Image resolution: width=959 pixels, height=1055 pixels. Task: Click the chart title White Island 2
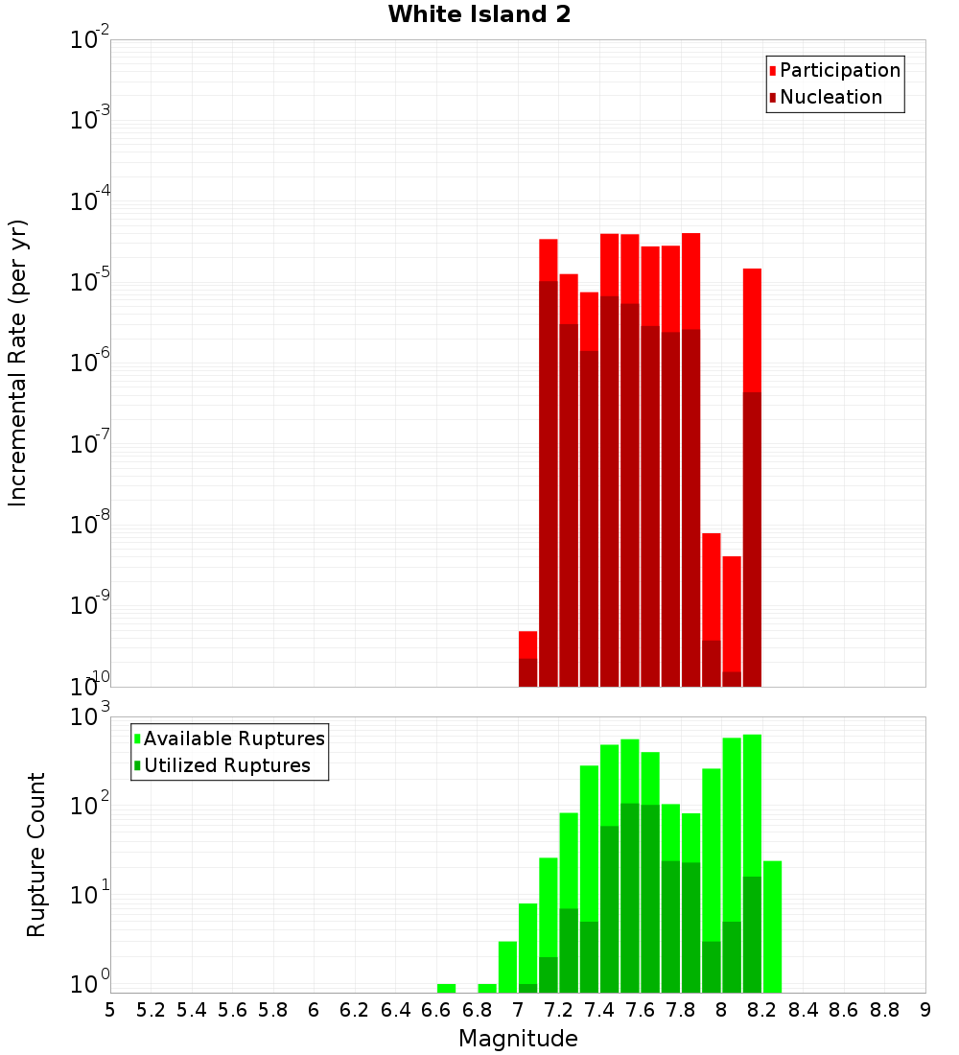(x=479, y=15)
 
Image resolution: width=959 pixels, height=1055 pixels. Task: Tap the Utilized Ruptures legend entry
(x=226, y=766)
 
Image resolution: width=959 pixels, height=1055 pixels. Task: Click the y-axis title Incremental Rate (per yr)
(x=17, y=363)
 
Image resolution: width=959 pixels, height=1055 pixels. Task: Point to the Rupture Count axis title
(x=36, y=855)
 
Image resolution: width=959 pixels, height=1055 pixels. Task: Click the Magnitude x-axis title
(x=518, y=1039)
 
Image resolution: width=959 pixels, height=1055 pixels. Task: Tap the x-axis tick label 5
(x=110, y=1010)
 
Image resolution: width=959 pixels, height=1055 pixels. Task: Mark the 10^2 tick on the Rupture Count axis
(x=89, y=806)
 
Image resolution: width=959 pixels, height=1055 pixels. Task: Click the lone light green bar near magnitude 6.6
(x=446, y=988)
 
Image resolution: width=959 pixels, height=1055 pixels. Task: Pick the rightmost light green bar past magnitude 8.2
(x=772, y=926)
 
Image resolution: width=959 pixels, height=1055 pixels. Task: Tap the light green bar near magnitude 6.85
(x=487, y=988)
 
